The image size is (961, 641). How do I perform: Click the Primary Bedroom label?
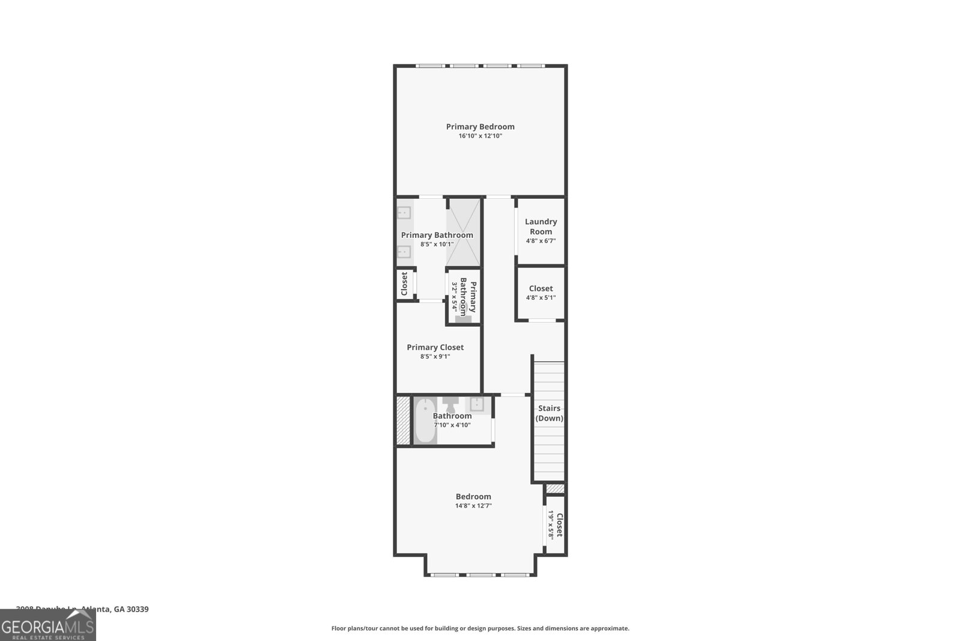coord(480,127)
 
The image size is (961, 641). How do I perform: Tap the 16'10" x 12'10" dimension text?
coord(480,136)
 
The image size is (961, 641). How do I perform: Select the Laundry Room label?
coord(541,226)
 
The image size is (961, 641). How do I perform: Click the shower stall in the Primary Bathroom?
coord(464,232)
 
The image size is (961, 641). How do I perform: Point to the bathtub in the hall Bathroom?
coord(425,421)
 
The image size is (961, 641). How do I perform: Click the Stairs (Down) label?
coord(549,413)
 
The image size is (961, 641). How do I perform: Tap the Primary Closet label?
coord(435,347)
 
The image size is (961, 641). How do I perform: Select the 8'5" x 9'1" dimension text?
coord(435,357)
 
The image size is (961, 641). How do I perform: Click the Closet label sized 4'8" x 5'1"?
coord(541,288)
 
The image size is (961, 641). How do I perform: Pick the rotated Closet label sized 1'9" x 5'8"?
coord(559,525)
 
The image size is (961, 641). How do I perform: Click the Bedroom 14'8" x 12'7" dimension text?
coord(473,506)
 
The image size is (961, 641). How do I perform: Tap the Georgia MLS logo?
coord(47,625)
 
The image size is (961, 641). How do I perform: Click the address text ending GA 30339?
coord(82,609)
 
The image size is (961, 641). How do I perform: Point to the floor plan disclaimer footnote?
coord(480,628)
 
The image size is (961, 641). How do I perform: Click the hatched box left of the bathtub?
coord(402,421)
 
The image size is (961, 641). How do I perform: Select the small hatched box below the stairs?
coord(555,489)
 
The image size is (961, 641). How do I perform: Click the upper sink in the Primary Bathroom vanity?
coord(404,213)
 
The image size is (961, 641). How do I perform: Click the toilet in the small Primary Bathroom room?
coord(463,315)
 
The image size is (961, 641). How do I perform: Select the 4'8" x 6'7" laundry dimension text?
coord(541,241)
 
